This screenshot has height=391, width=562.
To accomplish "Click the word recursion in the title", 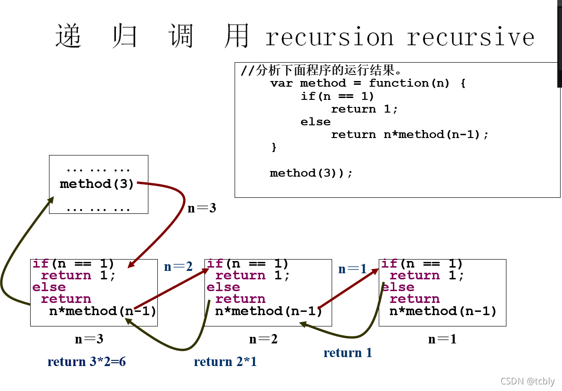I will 329,37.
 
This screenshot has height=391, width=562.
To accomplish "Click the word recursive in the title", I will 471,37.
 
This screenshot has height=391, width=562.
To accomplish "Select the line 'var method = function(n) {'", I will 368,83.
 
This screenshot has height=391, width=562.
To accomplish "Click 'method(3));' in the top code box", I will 311,173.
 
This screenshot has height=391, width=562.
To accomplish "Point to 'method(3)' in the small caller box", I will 97,184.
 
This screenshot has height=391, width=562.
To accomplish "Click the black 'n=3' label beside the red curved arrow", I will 202,208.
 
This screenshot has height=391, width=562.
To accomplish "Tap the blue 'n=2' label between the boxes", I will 178,267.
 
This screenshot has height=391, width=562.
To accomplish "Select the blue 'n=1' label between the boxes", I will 352,269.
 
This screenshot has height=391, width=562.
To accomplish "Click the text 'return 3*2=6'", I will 87,361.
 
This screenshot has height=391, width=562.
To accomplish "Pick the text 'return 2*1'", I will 225,361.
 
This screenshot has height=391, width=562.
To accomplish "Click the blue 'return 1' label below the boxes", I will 348,352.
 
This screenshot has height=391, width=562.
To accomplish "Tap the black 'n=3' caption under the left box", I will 89,339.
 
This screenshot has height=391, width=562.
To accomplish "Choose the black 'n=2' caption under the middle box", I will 263,339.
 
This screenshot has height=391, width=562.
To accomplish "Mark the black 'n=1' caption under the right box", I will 442,339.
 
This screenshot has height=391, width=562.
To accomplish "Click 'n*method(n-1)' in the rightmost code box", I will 443,311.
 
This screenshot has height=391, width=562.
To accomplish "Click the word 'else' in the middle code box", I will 223,287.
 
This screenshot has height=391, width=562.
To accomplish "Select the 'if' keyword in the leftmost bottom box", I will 41,264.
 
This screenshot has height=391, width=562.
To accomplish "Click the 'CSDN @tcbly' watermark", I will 527,381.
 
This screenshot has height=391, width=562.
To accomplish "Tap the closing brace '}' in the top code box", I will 274,147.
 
